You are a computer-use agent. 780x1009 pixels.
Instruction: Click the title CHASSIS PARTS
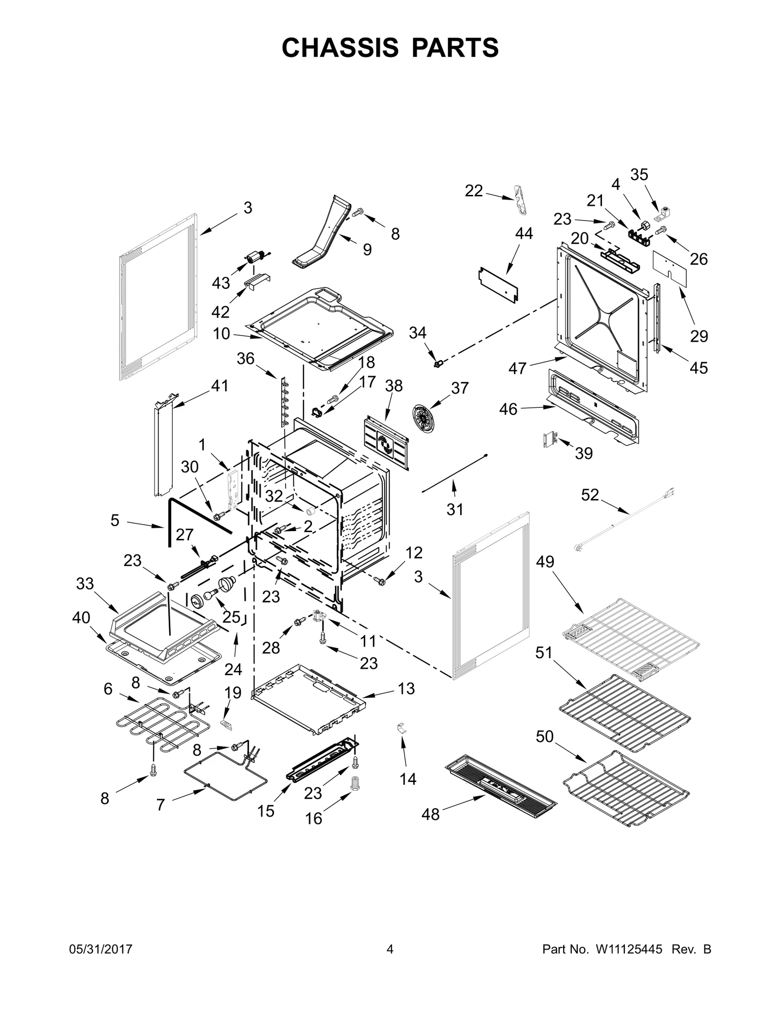pos(390,48)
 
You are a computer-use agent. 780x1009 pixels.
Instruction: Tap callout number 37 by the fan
pos(459,388)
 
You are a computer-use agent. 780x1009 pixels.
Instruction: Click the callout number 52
pos(590,495)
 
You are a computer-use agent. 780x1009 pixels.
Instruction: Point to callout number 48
pos(430,814)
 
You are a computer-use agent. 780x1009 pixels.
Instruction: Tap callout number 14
pos(408,779)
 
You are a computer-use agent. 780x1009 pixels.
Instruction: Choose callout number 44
pos(524,233)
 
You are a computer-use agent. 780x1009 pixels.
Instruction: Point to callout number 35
pos(639,174)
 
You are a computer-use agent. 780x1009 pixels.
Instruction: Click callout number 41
pos(219,385)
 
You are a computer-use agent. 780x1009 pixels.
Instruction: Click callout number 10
pos(221,334)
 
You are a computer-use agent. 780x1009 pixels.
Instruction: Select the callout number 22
pos(473,190)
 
